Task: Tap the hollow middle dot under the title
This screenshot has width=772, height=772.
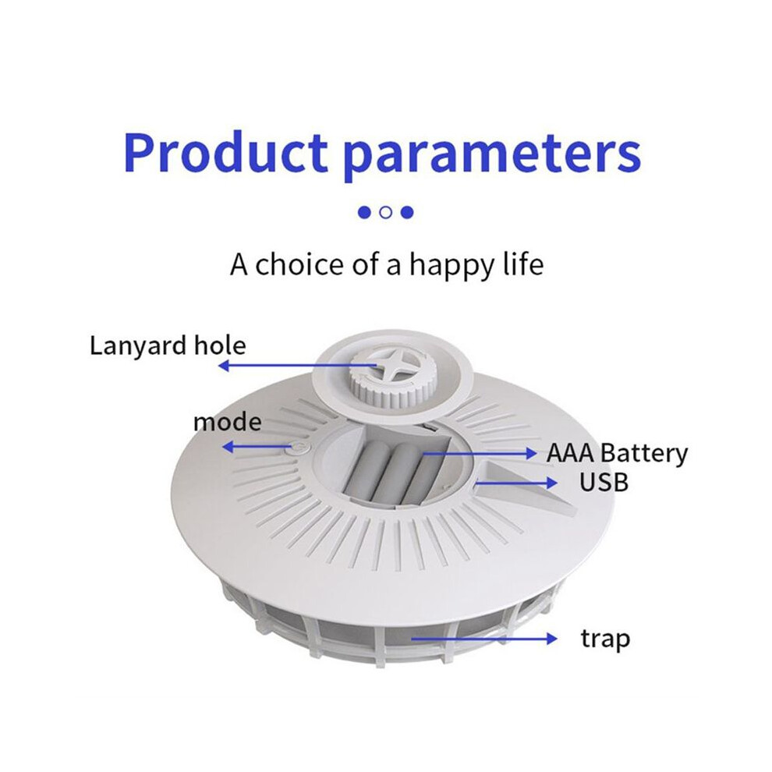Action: tap(386, 212)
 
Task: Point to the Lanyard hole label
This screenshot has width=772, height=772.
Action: tap(168, 346)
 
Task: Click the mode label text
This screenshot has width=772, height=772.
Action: tap(228, 423)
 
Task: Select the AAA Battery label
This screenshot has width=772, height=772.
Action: tap(617, 454)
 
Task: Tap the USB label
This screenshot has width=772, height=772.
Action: tap(604, 482)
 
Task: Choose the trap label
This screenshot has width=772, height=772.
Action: tap(605, 639)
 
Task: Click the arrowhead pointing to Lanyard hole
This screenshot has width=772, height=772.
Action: tap(225, 365)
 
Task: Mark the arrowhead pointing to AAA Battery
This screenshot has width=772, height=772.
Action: tap(531, 453)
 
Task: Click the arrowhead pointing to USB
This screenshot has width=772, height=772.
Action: tap(551, 483)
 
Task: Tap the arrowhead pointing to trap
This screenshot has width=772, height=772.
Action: tap(551, 639)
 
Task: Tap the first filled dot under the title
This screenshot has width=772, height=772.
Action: tap(364, 212)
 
